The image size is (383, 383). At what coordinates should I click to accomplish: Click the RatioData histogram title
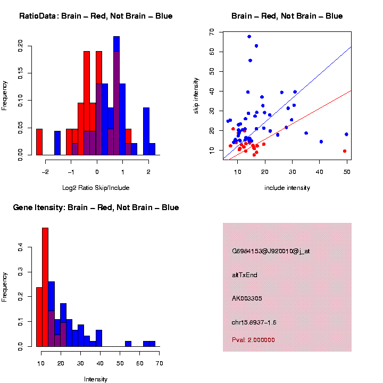(96, 16)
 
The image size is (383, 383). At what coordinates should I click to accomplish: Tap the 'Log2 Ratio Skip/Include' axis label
(96, 188)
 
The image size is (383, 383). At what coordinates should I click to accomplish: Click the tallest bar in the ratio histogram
(116, 96)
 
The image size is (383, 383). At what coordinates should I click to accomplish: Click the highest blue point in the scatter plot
(249, 37)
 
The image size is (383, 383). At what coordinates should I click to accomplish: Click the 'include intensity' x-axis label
(287, 188)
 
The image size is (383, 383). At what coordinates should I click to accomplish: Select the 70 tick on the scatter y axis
(212, 32)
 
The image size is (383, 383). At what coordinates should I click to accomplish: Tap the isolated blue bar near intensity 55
(128, 344)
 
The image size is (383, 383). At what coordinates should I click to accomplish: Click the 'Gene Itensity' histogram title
(96, 207)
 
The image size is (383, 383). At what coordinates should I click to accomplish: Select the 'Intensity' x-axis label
(96, 379)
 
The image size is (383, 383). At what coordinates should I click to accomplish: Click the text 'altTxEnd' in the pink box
(245, 275)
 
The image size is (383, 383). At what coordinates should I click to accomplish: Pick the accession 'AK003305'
(247, 298)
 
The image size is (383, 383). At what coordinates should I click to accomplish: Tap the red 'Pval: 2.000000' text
(253, 340)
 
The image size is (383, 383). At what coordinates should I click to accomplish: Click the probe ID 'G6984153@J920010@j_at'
(270, 251)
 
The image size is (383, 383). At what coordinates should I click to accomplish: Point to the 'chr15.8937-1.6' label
(254, 322)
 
